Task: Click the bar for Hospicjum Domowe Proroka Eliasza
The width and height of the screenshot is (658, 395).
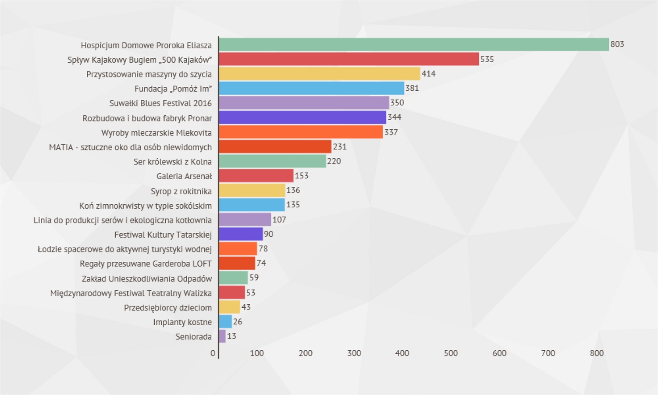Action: tap(414, 44)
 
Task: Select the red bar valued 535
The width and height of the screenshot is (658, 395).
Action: tap(349, 59)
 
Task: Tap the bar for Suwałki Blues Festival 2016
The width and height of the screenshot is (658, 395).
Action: tap(304, 103)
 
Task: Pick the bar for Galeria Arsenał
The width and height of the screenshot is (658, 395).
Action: tap(256, 176)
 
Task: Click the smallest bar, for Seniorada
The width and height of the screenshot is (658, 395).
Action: tap(222, 336)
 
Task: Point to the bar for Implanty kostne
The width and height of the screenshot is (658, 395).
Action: tap(225, 322)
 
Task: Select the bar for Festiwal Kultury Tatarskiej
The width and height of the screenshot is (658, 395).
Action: tap(241, 234)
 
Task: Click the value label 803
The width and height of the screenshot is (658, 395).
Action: tap(617, 44)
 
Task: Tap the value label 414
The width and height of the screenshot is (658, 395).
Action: tap(428, 74)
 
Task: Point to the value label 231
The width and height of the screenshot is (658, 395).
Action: tap(340, 146)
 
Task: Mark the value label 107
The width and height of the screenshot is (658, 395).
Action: tap(279, 220)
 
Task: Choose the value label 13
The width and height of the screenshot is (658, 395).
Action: tap(231, 336)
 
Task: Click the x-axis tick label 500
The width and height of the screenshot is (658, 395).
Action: tap(451, 353)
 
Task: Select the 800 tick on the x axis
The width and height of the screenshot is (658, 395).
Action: tap(596, 353)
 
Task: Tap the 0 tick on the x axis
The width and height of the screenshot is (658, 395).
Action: tap(213, 353)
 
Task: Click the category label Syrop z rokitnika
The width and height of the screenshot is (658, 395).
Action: tap(181, 191)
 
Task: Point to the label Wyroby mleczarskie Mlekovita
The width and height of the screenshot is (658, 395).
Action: tap(156, 133)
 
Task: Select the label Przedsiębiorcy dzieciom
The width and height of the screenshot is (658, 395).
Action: tap(168, 308)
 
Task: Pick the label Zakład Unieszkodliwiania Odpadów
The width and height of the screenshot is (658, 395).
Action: tap(147, 279)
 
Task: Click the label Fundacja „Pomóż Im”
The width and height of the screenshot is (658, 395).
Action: tap(173, 89)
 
